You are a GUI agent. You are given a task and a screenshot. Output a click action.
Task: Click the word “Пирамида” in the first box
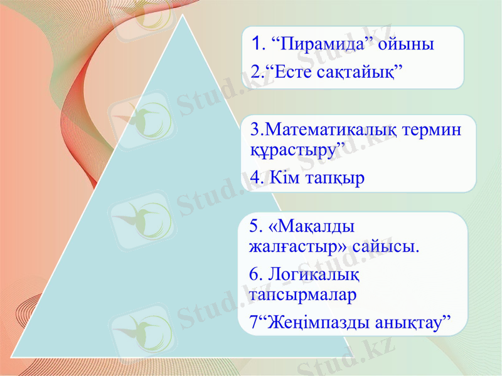pos(318,44)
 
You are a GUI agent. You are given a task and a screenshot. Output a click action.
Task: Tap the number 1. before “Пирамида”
pos(257,44)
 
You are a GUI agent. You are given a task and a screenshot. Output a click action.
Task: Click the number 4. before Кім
pos(257,178)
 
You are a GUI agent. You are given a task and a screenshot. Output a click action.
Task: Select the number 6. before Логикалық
pos(256,273)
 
